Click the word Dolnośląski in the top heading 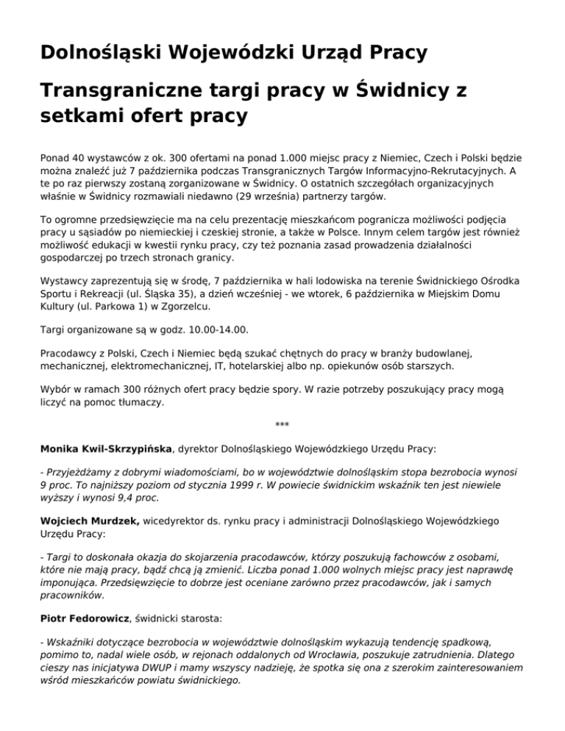pos(99,53)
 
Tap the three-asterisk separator pos(282,426)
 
